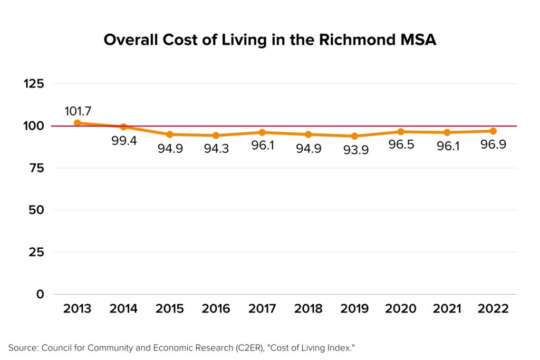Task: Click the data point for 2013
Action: click(78, 123)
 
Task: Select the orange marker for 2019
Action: click(354, 136)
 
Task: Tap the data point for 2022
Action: click(493, 131)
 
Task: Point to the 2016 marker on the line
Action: click(216, 135)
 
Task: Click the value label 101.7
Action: click(78, 111)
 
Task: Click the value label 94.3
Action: click(216, 149)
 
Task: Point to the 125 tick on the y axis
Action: click(33, 84)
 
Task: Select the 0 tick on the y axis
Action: click(40, 294)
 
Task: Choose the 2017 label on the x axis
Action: click(262, 309)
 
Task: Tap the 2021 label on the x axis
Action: click(447, 309)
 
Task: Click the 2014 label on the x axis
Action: click(123, 309)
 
